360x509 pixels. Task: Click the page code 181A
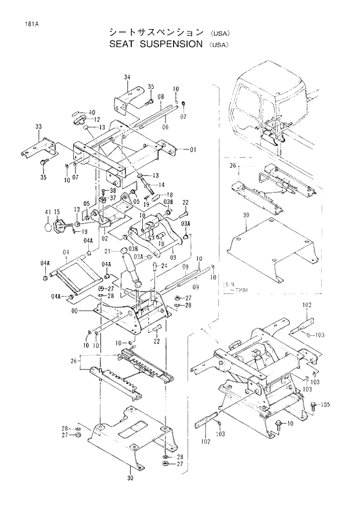click(x=24, y=24)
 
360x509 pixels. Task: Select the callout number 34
click(x=127, y=77)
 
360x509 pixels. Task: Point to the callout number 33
click(x=38, y=126)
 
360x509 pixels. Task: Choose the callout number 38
click(x=113, y=191)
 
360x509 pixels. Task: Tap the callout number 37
click(x=113, y=198)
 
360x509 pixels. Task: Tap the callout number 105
click(x=325, y=404)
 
